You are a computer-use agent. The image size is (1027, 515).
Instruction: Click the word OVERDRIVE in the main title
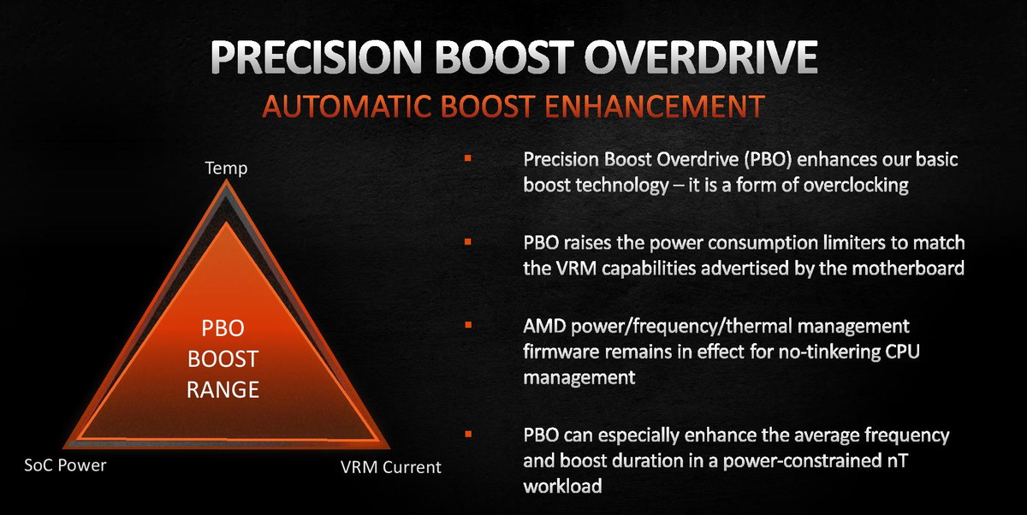701,57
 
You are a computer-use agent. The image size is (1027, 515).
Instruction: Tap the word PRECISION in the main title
316,57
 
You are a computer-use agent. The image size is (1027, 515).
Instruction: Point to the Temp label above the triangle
226,169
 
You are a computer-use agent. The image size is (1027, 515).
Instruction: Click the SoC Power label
65,465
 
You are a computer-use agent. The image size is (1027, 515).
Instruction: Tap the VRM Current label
390,467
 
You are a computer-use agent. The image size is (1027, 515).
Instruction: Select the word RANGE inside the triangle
223,390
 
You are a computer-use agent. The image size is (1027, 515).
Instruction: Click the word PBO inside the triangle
223,329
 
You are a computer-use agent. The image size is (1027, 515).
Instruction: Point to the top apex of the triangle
226,180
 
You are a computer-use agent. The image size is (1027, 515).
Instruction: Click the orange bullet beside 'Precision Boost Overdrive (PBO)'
467,158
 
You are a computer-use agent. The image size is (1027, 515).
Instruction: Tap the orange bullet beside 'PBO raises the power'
467,241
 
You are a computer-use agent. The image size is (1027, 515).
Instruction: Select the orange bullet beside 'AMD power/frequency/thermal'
467,325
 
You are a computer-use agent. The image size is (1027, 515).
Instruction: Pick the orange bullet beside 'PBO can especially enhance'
467,434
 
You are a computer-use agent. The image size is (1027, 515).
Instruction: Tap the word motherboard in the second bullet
908,268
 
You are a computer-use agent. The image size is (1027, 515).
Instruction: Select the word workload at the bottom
562,486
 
